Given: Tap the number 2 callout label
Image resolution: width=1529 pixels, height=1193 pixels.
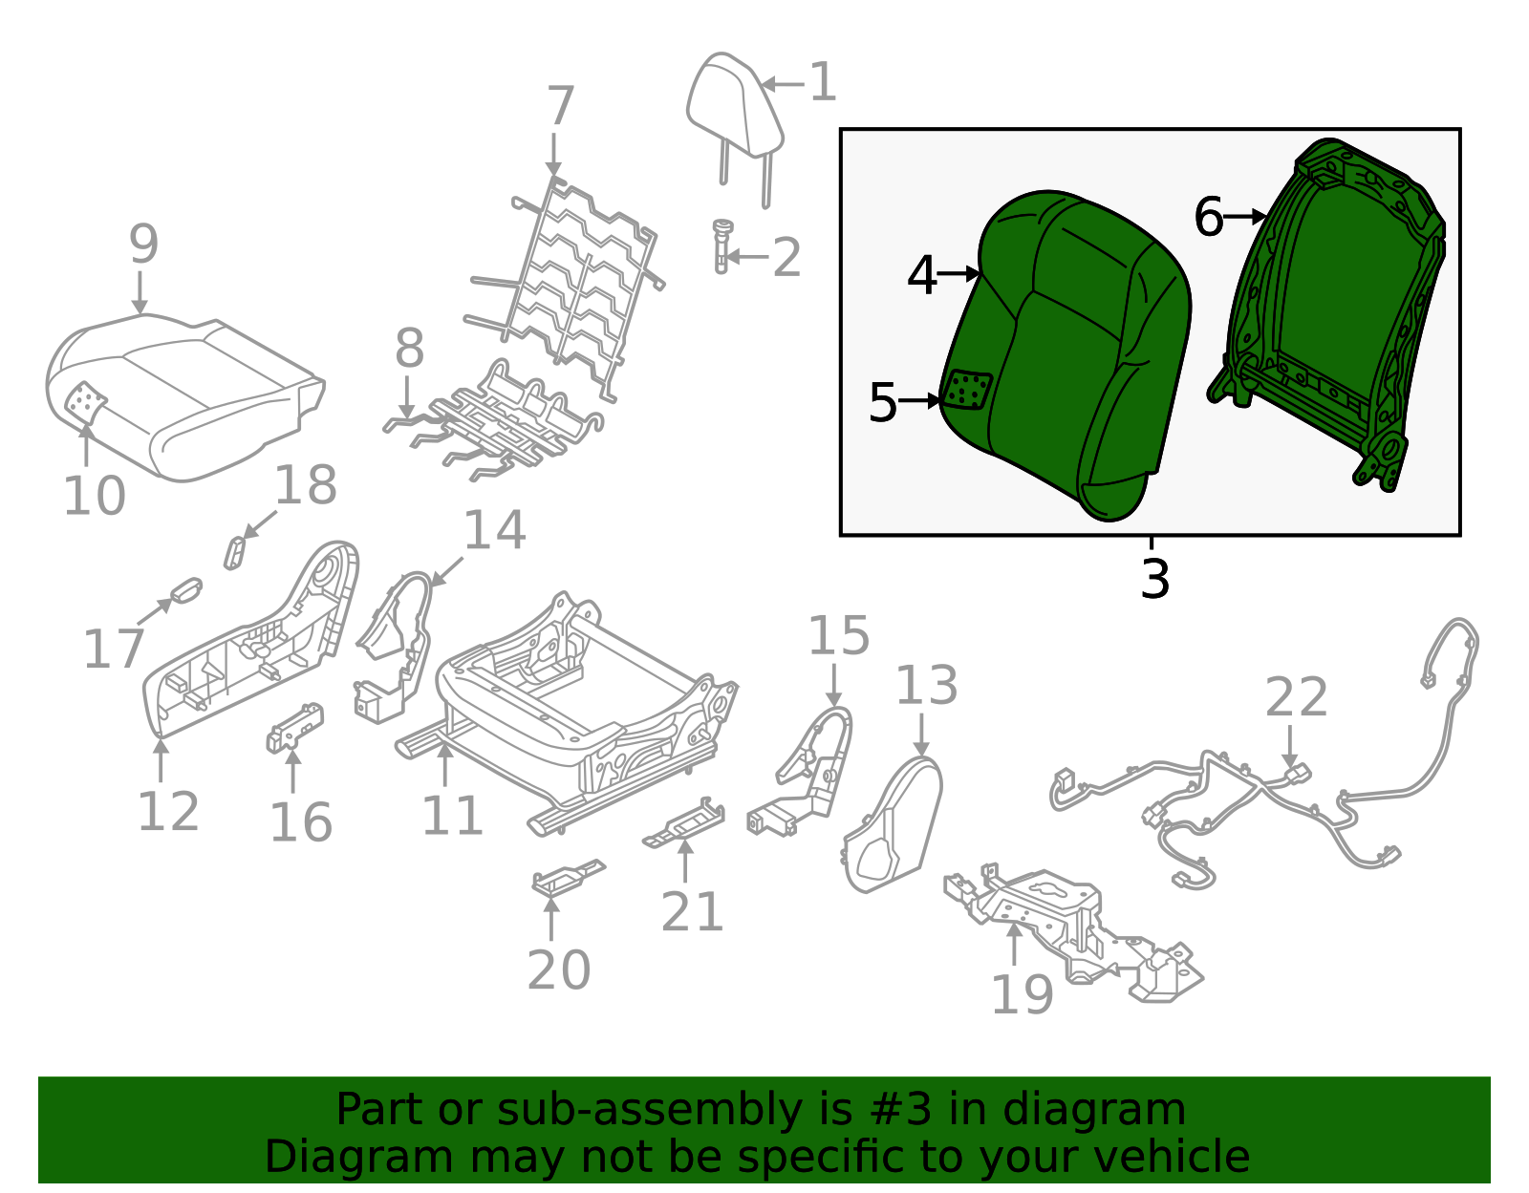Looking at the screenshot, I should click(x=786, y=258).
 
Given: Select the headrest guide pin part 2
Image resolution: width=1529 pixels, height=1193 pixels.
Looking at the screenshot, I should click(x=721, y=245).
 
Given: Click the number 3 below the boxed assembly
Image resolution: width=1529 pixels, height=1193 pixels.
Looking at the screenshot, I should click(x=1154, y=579).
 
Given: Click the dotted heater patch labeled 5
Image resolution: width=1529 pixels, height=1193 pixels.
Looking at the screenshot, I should click(x=967, y=391).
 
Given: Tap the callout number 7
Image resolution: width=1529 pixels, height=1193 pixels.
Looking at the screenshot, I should click(x=560, y=106).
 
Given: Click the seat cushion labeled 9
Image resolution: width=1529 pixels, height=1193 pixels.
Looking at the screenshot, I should click(x=182, y=392).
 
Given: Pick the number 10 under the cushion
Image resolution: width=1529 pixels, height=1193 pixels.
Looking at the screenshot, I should click(x=94, y=496).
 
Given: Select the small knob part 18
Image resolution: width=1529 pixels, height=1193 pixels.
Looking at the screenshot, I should click(x=234, y=552).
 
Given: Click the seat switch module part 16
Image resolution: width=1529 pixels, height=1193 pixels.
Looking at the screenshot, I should click(x=294, y=728).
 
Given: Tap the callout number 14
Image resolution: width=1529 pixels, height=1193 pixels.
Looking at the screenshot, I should click(x=494, y=531).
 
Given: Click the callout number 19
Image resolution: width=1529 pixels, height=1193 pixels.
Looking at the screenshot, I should click(x=1022, y=994).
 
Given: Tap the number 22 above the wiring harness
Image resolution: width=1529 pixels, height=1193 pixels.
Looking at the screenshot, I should click(x=1296, y=697).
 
